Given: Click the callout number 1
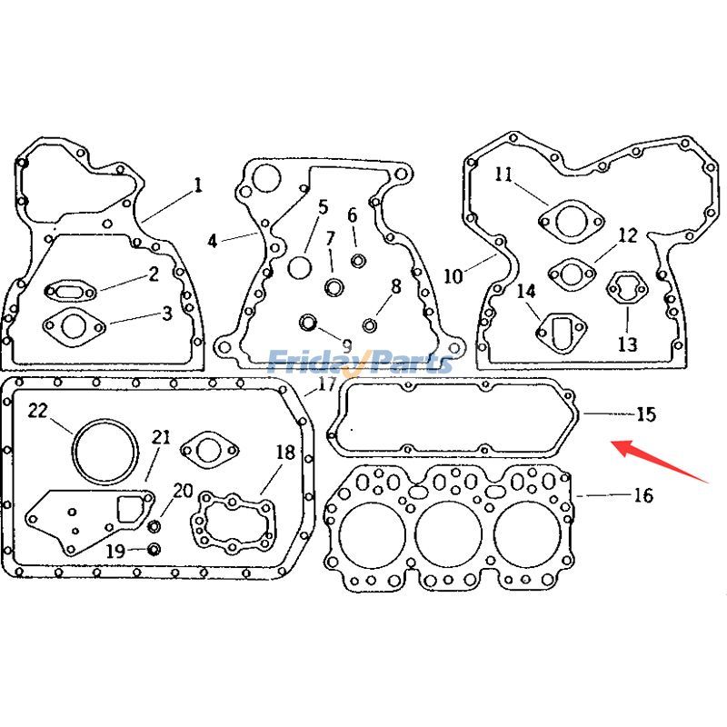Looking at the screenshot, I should point(197,186).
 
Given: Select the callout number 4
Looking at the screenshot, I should point(212,241).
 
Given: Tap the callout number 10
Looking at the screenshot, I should point(453,274).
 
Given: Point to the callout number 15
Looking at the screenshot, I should point(645,414).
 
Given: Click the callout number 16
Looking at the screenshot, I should point(643,495).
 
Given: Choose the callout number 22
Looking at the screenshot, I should point(36,410).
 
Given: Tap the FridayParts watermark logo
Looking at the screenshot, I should point(360,362).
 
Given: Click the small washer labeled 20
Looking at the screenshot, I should point(154,526).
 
